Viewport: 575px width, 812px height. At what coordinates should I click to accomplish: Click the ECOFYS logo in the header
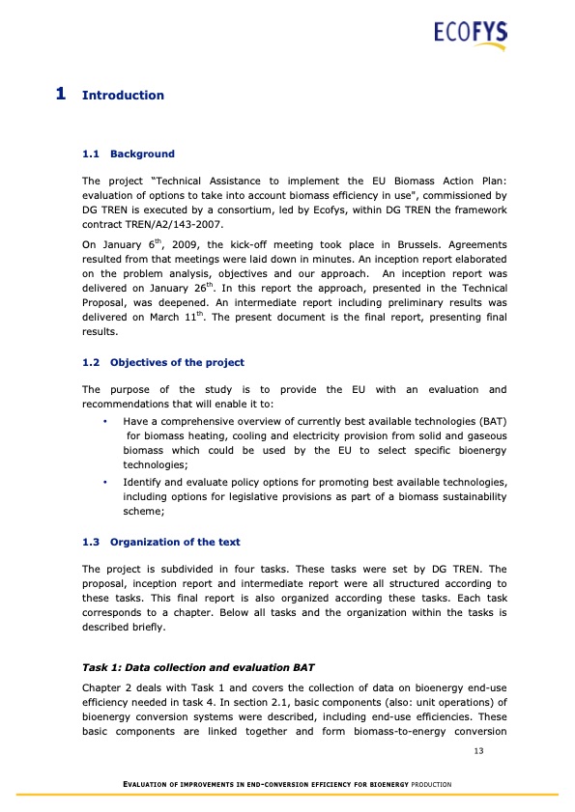click(x=470, y=35)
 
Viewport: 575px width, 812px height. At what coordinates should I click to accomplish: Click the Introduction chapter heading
click(x=124, y=96)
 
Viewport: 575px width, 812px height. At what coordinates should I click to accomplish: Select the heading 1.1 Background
click(x=129, y=154)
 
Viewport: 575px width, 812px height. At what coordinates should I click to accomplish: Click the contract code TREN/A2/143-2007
click(x=156, y=223)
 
